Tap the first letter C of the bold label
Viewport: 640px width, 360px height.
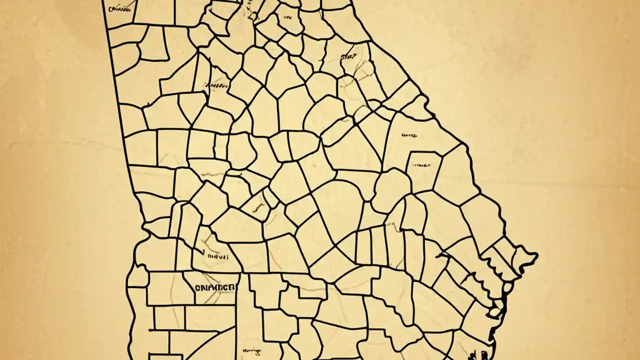[x=197, y=288]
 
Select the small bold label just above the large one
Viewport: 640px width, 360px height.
[x=217, y=257]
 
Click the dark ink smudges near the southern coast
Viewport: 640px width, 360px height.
[x=471, y=355]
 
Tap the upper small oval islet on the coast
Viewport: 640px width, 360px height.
[x=507, y=288]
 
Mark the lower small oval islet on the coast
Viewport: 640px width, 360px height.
[x=494, y=312]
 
